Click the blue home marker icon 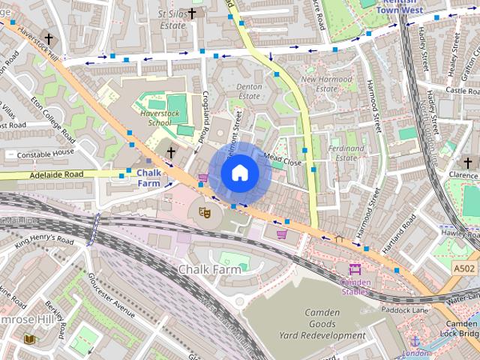tap(239, 173)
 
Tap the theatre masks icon tap(203, 212)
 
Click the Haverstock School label tap(155, 117)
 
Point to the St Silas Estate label tap(172, 19)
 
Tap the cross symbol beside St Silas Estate tap(192, 13)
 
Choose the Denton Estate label tap(249, 91)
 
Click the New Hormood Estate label tap(325, 84)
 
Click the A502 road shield tap(463, 267)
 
